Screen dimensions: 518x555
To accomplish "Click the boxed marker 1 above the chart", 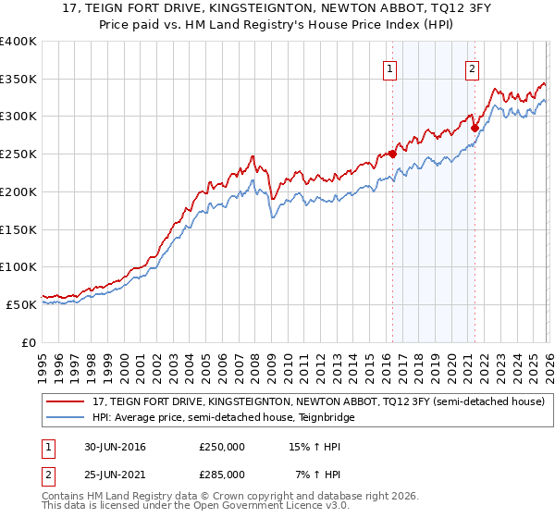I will pos(390,68).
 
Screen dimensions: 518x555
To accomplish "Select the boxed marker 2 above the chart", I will pos(472,68).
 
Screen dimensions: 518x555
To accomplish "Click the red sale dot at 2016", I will pos(392,154).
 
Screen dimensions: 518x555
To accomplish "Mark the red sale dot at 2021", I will pos(474,128).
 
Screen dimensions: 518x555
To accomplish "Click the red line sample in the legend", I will pos(65,402).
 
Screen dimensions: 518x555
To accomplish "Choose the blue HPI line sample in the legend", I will pos(65,417).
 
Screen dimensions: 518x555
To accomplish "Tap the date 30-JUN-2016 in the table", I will pos(115,447).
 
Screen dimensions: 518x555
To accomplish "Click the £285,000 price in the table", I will pos(222,474).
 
